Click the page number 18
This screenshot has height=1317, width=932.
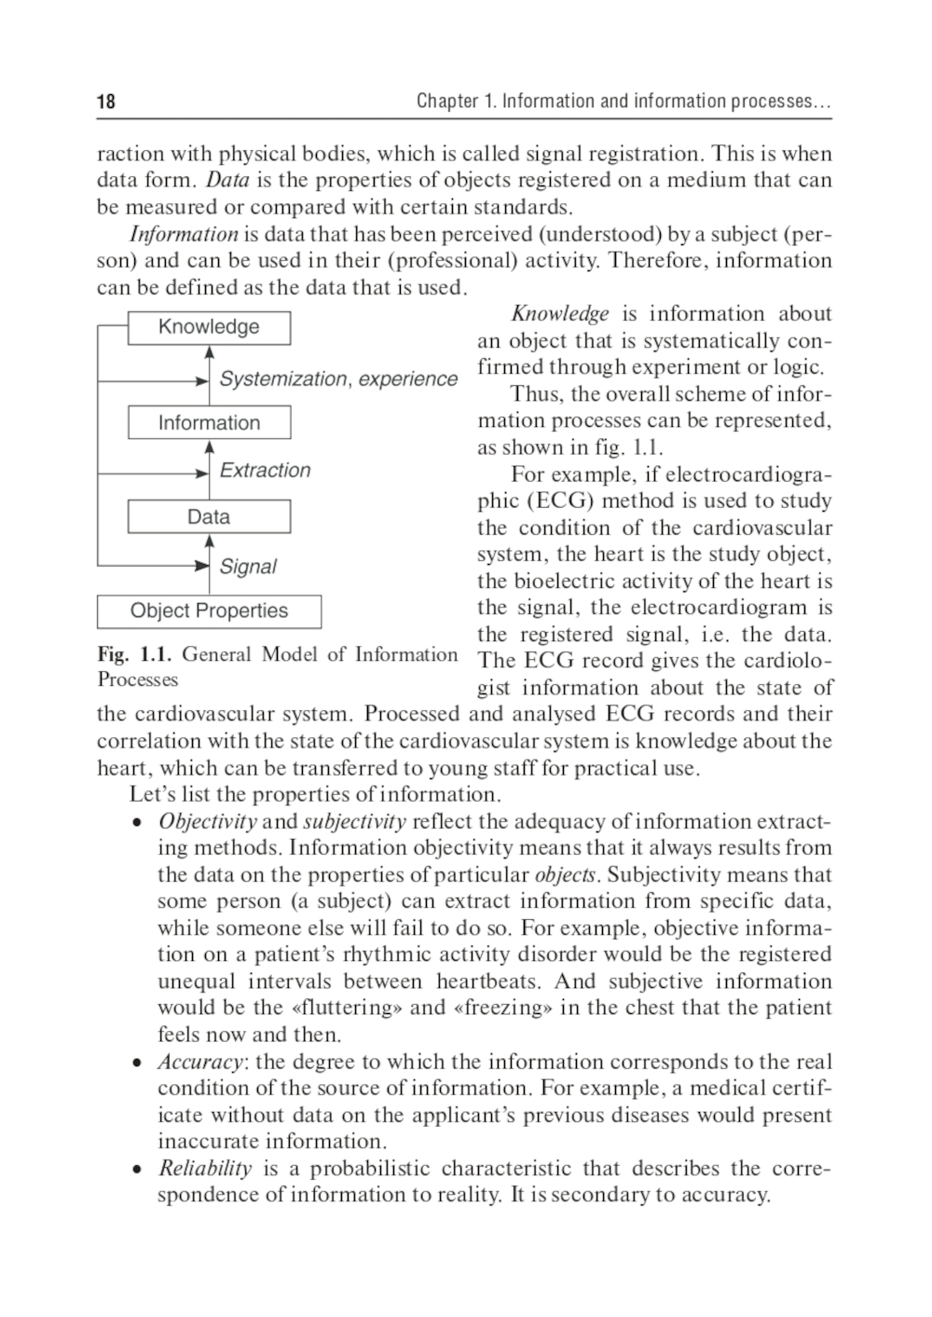pos(105,102)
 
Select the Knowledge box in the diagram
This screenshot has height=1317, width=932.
pos(209,327)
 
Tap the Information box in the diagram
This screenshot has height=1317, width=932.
pos(209,423)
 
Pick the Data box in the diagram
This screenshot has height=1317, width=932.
pos(209,517)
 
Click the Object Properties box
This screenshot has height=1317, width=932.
pos(209,611)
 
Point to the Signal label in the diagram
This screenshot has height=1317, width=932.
pos(248,567)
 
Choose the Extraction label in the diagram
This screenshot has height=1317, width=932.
pos(265,471)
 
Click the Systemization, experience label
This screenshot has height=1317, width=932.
pos(338,379)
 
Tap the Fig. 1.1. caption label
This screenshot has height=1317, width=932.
pos(135,654)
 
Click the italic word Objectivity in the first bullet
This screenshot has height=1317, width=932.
pos(207,822)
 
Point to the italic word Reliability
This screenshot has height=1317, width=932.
pos(205,1169)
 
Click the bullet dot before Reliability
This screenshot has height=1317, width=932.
pos(137,1170)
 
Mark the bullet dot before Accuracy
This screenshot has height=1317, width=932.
pos(137,1063)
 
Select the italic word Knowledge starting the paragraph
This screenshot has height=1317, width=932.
pos(559,314)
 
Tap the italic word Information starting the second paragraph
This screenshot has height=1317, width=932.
pos(184,234)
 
